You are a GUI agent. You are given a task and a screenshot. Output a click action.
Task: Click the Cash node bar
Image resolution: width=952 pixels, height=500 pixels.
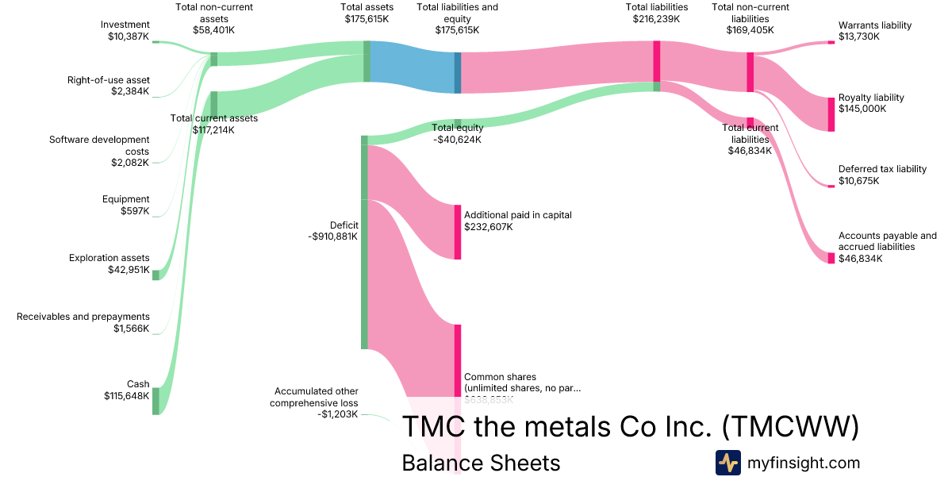click(x=155, y=401)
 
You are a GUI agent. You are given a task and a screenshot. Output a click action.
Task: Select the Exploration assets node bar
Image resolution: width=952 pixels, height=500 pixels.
click(x=155, y=275)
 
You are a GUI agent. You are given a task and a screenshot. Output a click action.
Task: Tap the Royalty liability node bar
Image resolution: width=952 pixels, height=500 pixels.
click(x=831, y=113)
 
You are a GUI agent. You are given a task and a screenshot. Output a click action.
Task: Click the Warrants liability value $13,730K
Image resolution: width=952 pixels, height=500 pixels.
click(x=859, y=37)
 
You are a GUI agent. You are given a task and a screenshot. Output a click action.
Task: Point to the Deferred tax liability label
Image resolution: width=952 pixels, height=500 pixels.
click(x=882, y=169)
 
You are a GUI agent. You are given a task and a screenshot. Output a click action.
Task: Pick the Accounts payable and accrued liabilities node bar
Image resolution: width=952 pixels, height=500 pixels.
click(x=831, y=258)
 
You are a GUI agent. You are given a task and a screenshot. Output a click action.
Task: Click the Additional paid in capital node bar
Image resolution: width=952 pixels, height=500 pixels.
click(x=458, y=232)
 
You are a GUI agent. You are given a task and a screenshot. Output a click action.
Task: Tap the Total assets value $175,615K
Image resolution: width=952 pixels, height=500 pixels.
click(x=367, y=18)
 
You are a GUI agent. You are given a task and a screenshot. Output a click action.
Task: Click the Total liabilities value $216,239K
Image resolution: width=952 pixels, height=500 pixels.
click(x=657, y=18)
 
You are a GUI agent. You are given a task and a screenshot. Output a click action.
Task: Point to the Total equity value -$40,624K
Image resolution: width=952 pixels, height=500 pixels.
click(x=458, y=140)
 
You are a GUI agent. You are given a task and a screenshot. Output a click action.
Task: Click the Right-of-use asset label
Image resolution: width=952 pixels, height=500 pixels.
click(x=109, y=79)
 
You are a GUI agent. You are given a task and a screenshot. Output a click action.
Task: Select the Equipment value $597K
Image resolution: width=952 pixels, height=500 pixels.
click(x=135, y=210)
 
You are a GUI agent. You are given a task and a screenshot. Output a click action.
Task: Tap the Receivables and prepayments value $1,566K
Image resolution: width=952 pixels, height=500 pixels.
click(x=131, y=328)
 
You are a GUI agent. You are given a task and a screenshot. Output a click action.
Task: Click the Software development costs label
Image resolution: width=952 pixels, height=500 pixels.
click(x=99, y=145)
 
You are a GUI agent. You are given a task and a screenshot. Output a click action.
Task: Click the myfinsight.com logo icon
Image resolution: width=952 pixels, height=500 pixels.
click(x=728, y=463)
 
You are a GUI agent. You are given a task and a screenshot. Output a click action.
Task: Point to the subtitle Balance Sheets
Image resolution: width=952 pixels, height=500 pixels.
click(x=481, y=463)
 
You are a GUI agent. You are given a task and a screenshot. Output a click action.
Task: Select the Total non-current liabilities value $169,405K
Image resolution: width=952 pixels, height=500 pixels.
click(x=750, y=29)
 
